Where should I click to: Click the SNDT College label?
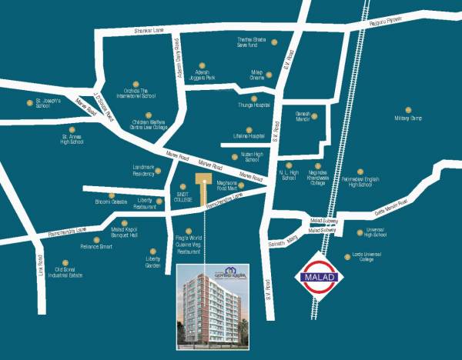[x=182, y=197]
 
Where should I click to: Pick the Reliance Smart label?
[x=96, y=247]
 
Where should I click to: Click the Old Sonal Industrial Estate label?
[x=70, y=273]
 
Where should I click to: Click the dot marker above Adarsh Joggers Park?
[x=201, y=65]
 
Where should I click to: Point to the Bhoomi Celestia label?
[x=111, y=202]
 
